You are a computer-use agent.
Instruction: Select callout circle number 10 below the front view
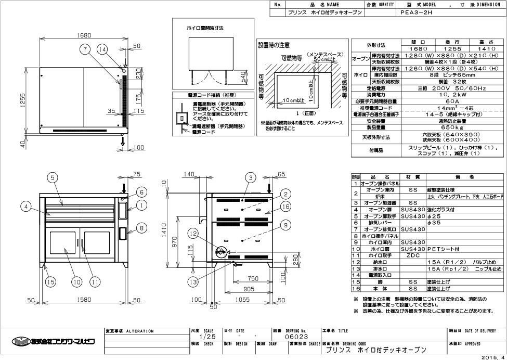pyautogui.click(x=76, y=282)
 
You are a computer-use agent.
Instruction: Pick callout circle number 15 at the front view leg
pyautogui.click(x=50, y=282)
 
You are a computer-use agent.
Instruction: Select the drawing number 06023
pyautogui.click(x=296, y=337)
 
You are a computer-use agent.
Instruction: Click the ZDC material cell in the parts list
pyautogui.click(x=413, y=255)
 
